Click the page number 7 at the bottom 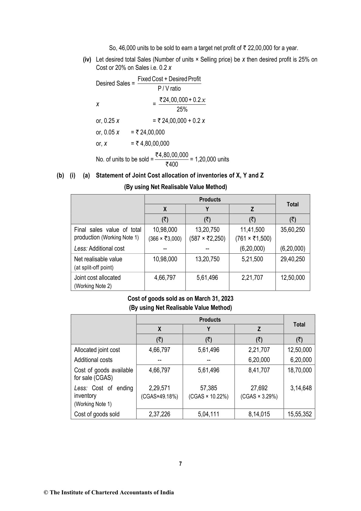click(180, 464)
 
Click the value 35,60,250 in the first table click(292, 230)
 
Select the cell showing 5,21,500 click(252, 259)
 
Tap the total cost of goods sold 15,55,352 click(299, 414)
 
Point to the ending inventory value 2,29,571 click(159, 388)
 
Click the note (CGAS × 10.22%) click(209, 397)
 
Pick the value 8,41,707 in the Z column click(259, 370)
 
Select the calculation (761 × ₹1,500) click(253, 239)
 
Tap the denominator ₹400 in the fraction click(172, 164)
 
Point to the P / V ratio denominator click(169, 89)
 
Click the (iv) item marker click(87, 59)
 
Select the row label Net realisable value click(98, 259)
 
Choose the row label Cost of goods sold click(97, 414)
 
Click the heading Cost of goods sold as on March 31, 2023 click(180, 299)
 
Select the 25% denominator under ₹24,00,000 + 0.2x click(182, 109)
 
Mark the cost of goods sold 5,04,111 click(209, 414)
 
